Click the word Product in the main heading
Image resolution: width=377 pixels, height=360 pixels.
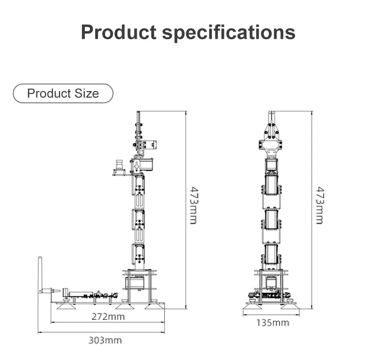coord(119,32)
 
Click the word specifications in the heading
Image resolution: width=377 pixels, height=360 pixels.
coord(229,33)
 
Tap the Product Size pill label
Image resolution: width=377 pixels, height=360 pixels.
coord(63,93)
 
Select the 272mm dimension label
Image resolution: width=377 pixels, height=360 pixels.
coord(108,317)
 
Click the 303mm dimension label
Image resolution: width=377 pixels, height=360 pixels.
coord(105,340)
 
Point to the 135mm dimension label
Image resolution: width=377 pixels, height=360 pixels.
coord(273,323)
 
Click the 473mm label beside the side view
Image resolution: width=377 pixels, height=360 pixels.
coord(194,205)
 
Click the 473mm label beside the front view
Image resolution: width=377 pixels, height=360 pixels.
coord(320,205)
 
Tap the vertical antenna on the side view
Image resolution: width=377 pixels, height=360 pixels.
coord(40,275)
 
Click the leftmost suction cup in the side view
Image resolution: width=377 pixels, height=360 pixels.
coord(66,306)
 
